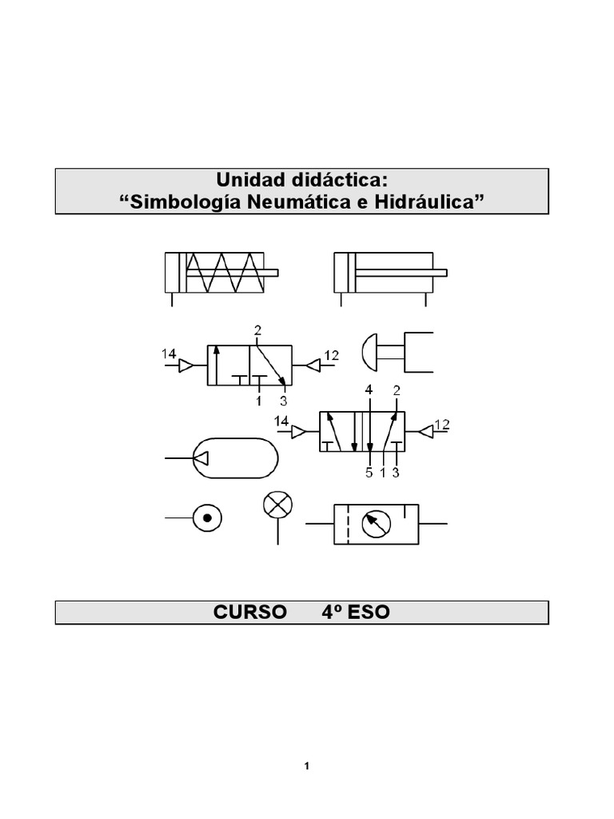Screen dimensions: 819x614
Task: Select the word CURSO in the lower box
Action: tap(249, 612)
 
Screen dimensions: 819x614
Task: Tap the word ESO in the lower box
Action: tap(369, 612)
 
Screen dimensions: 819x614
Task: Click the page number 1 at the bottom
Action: tap(306, 767)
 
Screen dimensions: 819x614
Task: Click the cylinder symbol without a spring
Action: tap(390, 273)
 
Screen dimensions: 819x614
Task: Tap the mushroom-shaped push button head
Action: tap(370, 351)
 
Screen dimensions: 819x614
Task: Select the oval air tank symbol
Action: tap(235, 458)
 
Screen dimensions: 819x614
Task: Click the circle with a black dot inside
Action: tap(208, 519)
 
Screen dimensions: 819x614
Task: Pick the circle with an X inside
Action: tap(277, 505)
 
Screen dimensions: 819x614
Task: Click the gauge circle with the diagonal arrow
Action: tap(373, 524)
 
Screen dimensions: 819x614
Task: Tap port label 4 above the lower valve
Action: tap(369, 390)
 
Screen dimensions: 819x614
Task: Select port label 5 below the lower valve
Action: tap(369, 473)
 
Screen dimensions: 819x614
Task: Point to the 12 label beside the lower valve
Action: tap(442, 424)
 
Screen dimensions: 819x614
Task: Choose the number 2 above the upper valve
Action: tap(257, 330)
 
